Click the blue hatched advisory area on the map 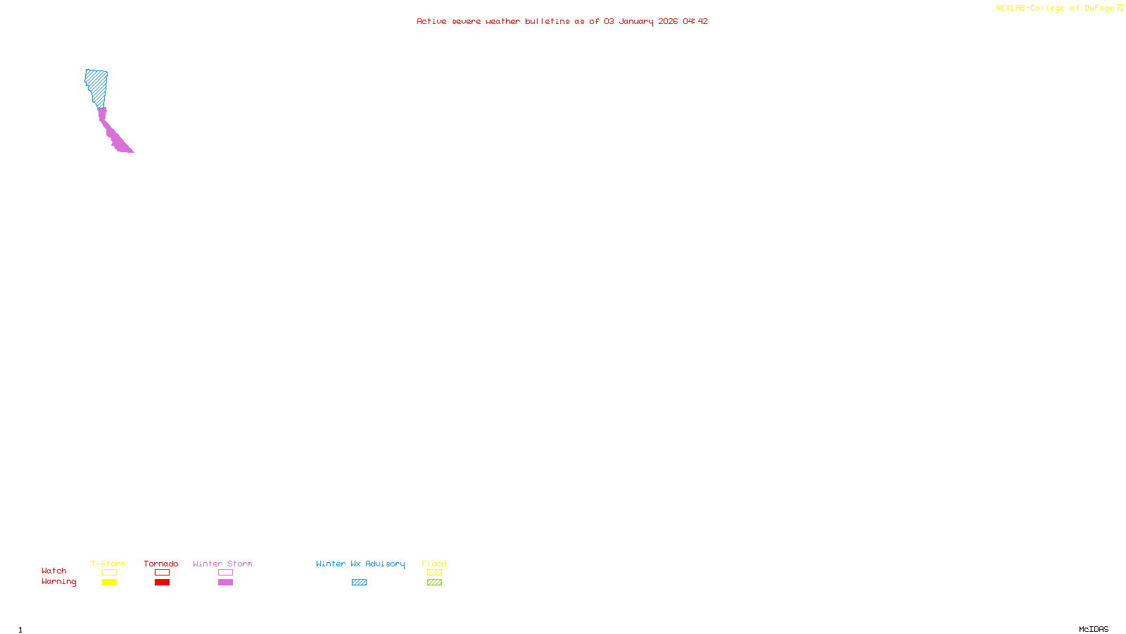pos(96,87)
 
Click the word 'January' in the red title pos(635,21)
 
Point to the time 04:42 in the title pos(695,21)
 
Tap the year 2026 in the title pos(668,21)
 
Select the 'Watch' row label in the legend pos(54,571)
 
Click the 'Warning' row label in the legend pos(58,582)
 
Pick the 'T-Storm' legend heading pos(108,564)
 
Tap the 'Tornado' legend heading pos(161,564)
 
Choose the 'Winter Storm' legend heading pos(222,564)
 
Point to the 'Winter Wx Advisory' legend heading pos(360,564)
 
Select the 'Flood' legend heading pos(434,564)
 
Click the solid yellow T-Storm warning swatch pos(109,583)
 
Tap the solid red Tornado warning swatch pos(162,583)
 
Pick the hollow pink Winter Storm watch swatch pos(225,573)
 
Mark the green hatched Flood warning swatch pos(434,583)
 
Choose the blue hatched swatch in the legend pos(359,583)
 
